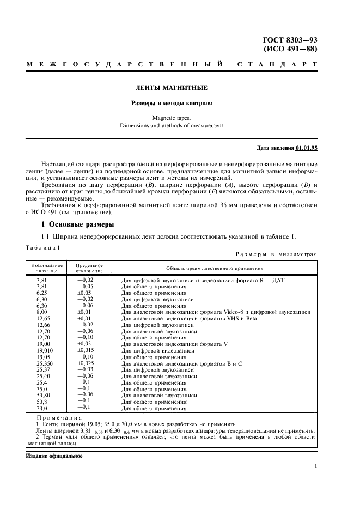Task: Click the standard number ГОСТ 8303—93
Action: point(290,40)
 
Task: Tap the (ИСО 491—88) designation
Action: point(290,49)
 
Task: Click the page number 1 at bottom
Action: point(315,466)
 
